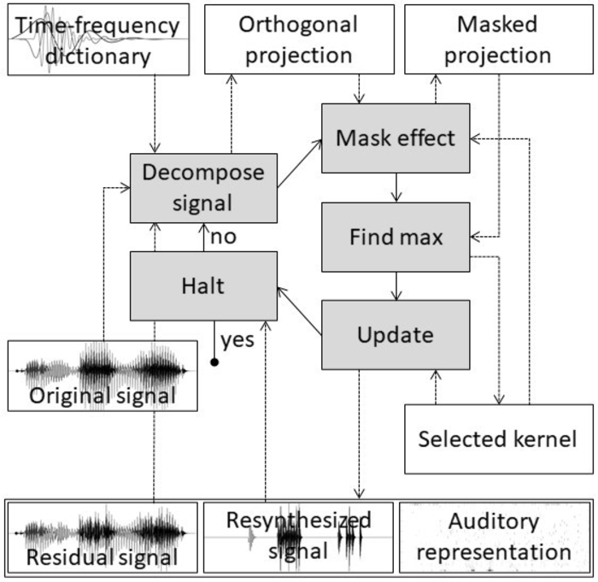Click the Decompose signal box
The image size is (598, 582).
[203, 186]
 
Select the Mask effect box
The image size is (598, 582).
[396, 138]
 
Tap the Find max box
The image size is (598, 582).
[396, 237]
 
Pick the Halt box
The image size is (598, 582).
[203, 285]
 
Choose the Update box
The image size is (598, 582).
[396, 334]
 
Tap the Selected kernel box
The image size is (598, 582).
[499, 439]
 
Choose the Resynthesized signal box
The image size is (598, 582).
[298, 536]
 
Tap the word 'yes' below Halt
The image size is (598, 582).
[238, 342]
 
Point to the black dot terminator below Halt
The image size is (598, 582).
[214, 362]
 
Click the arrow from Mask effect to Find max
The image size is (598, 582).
[396, 187]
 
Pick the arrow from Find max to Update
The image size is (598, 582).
[396, 285]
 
